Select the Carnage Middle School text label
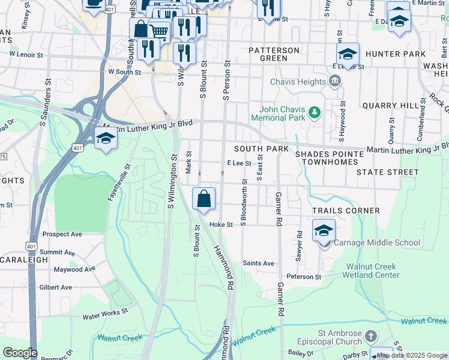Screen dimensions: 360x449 click(376, 243)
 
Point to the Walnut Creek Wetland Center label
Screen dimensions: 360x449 click(370, 271)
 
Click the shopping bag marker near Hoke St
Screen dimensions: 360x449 click(203, 199)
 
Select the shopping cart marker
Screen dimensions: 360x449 click(159, 31)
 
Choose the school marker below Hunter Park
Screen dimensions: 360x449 click(348, 55)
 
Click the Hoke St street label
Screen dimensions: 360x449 click(220, 224)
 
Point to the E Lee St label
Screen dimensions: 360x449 click(238, 163)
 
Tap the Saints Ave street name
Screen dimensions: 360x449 click(258, 263)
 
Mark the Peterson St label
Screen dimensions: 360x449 click(304, 277)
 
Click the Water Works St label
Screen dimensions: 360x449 click(106, 313)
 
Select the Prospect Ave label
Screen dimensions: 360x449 click(62, 233)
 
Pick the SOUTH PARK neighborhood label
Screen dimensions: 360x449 click(261, 148)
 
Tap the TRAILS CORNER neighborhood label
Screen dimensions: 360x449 click(346, 211)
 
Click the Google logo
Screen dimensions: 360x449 click(20, 353)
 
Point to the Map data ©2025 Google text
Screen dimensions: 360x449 click(412, 355)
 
